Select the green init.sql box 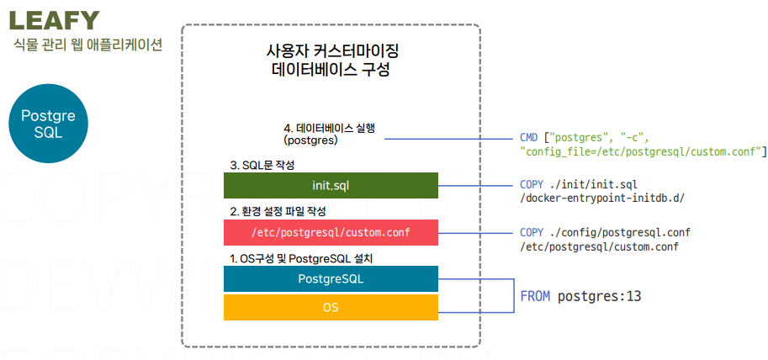[x=331, y=185]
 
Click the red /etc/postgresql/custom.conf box [x=331, y=232]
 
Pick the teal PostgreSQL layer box [x=331, y=278]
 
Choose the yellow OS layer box [x=331, y=307]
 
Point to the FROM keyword [x=536, y=297]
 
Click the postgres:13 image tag [x=600, y=297]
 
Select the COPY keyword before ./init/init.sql [x=532, y=183]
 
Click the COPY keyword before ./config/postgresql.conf [x=532, y=232]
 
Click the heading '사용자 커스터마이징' [x=331, y=51]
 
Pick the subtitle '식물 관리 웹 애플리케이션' [x=87, y=44]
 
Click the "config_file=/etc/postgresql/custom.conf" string [x=641, y=151]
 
